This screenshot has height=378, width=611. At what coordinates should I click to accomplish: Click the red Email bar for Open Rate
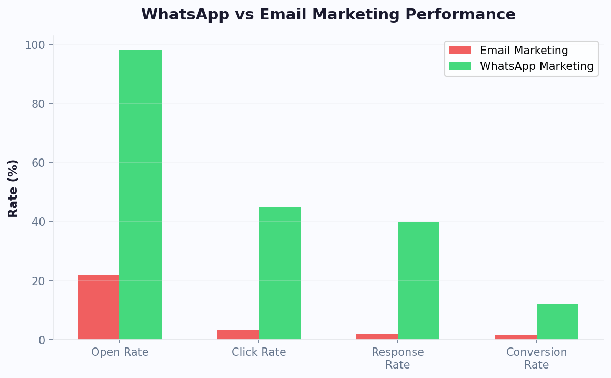pos(98,307)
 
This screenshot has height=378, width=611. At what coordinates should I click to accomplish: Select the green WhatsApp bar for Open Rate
pos(141,195)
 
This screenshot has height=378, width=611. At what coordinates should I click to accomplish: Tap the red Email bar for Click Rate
pos(238,334)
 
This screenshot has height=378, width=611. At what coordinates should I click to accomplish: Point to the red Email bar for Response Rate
pos(377,336)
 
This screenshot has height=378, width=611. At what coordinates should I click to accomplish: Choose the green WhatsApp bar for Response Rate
pos(418,280)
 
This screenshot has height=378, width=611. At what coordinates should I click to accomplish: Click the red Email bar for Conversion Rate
pos(516,337)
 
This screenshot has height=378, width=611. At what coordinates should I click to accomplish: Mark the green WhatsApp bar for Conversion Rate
pos(557,322)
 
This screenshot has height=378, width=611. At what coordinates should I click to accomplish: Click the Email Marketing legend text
pos(524,51)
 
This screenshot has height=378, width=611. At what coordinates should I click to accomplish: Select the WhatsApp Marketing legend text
pos(536,66)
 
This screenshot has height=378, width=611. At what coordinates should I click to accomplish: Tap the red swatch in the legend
pos(459,51)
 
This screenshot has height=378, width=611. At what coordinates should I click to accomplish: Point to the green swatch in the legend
pos(459,66)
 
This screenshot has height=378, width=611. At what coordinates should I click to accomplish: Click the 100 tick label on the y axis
pos(35,45)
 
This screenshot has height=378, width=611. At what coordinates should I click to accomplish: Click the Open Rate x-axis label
pos(119,352)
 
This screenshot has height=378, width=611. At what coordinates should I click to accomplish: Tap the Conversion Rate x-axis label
pos(536,359)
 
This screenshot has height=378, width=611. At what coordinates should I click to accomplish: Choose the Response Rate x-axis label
pos(397,359)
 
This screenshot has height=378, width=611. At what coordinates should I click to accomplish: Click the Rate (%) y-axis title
pos(13,188)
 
